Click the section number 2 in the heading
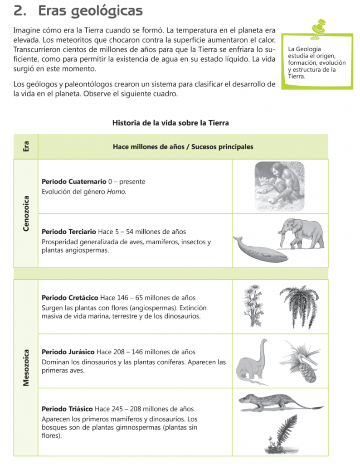[19, 11]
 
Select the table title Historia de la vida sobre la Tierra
[170, 123]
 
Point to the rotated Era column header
[26, 147]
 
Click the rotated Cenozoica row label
[26, 213]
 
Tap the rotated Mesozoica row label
[26, 367]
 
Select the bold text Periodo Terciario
[68, 232]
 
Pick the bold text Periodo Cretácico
[70, 298]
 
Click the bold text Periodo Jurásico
[68, 352]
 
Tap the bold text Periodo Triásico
[68, 409]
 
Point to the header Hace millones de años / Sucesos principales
[183, 147]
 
